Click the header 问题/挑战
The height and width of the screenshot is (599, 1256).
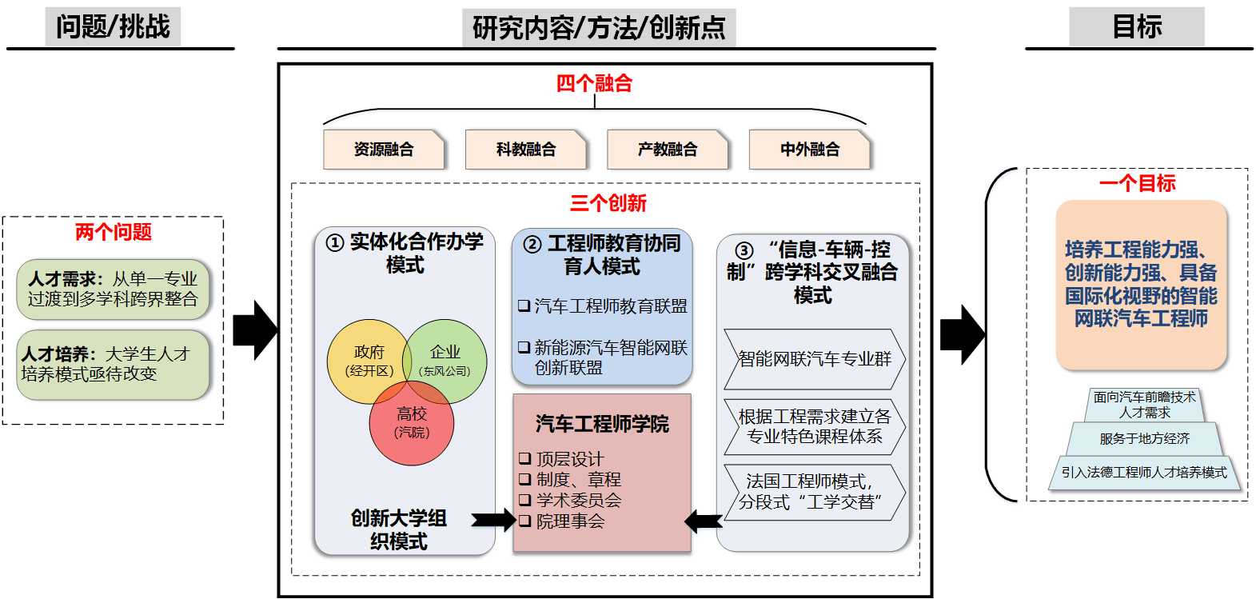pos(113,27)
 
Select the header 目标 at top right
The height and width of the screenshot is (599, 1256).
pos(1136,27)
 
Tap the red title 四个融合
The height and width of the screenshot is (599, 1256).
pos(594,83)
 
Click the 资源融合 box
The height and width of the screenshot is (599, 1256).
pos(384,150)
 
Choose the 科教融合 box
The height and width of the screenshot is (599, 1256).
pos(525,150)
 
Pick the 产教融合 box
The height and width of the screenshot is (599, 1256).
pos(668,150)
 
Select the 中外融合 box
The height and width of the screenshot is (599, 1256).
pos(809,150)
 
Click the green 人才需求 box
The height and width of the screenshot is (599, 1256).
pos(113,289)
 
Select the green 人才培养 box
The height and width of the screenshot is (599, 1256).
pos(113,364)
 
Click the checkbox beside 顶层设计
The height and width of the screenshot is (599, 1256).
pos(524,459)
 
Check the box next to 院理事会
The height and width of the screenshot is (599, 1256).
pos(524,521)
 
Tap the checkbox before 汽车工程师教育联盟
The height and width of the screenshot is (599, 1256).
pos(524,306)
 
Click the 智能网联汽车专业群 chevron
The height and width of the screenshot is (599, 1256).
pos(814,359)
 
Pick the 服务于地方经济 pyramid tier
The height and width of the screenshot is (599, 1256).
pos(1144,439)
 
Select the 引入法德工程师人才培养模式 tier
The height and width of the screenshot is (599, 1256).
pos(1144,473)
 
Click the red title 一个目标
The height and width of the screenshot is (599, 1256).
pos(1137,184)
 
